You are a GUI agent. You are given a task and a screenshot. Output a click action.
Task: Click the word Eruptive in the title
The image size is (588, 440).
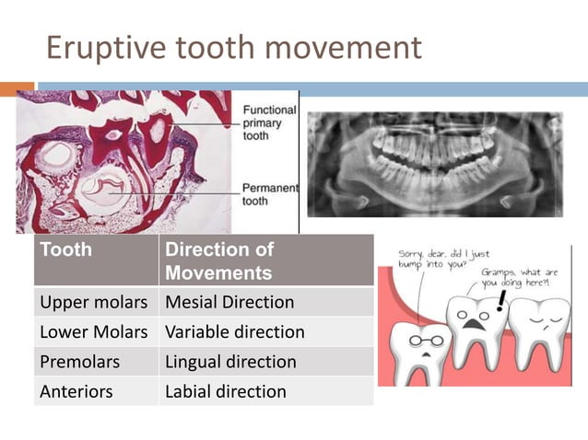point(100,47)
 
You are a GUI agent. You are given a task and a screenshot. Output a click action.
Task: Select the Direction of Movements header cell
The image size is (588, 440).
point(219,261)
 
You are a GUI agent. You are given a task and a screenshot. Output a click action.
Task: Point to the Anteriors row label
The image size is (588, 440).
point(76,391)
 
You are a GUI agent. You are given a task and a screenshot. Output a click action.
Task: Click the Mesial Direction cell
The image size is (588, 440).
point(229,302)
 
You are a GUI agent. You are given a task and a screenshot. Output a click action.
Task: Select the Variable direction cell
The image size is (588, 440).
point(234,331)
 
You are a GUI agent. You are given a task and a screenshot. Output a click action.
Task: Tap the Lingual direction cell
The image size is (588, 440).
point(230,362)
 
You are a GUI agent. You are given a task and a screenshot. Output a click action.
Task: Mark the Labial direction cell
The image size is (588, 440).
point(225,391)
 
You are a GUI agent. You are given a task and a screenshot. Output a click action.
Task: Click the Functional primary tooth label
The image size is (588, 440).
point(269,122)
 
